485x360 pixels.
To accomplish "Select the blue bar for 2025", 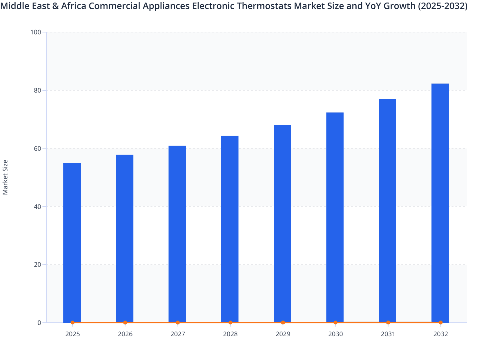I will [72, 243].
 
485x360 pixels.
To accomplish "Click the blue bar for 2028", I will [230, 229].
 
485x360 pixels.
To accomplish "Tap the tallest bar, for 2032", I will [440, 203].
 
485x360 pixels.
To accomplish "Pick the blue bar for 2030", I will [335, 217].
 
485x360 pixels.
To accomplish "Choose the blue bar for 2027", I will [177, 234].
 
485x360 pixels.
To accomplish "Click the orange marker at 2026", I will [125, 322].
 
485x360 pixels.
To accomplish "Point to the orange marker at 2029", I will [283, 322].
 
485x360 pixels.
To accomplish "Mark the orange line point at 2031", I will [388, 322].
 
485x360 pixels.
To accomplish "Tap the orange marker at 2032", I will [440, 322].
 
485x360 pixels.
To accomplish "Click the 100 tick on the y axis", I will [36, 32].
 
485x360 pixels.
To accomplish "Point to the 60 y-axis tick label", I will [37, 148].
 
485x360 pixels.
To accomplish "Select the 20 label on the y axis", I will [37, 265].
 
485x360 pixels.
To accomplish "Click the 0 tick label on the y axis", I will [39, 323].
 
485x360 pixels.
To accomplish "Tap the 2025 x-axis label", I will [72, 334].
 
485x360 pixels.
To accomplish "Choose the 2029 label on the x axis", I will [283, 334].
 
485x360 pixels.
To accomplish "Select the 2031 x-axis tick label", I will [388, 334].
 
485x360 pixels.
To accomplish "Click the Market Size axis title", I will [5, 177].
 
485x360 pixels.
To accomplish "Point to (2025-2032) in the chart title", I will [443, 6].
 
